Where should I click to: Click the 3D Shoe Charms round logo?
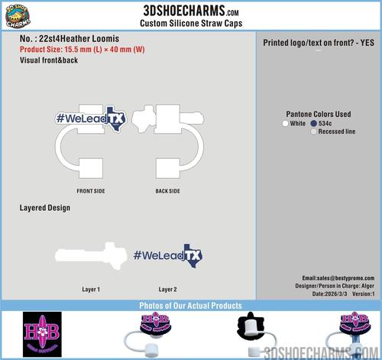pyautogui.click(x=18, y=16)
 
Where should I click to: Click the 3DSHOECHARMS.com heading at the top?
pyautogui.click(x=191, y=11)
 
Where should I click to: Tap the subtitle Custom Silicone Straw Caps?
pyautogui.click(x=191, y=23)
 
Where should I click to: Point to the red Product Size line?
pyautogui.click(x=83, y=49)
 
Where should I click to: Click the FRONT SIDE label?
pyautogui.click(x=91, y=191)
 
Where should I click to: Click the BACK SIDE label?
pyautogui.click(x=168, y=191)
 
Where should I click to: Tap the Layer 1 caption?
pyautogui.click(x=91, y=290)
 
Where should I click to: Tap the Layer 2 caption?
pyautogui.click(x=167, y=290)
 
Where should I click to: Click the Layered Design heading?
pyautogui.click(x=45, y=208)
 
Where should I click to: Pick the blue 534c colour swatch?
pyautogui.click(x=313, y=123)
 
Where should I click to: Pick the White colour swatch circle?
pyautogui.click(x=285, y=123)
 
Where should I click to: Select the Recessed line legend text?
pyautogui.click(x=337, y=131)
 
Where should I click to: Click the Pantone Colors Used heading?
pyautogui.click(x=319, y=114)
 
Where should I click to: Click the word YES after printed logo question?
pyautogui.click(x=367, y=43)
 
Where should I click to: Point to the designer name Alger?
pyautogui.click(x=367, y=286)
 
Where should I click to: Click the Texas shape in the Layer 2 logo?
pyautogui.click(x=193, y=255)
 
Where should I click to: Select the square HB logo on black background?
pyautogui.click(x=42, y=334)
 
